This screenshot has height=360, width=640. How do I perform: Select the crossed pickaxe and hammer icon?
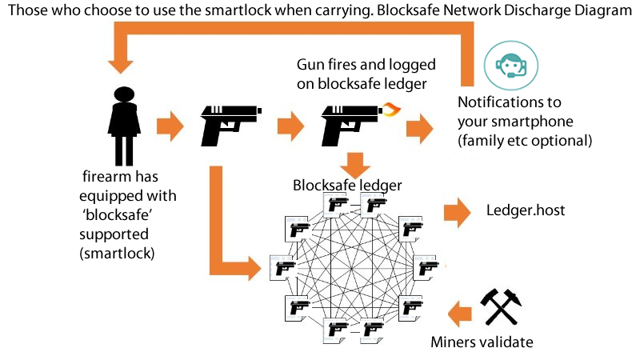501,306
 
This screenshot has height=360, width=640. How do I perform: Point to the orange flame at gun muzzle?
389,109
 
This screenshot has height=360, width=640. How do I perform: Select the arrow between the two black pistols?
288,125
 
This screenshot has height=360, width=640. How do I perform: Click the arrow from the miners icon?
459,312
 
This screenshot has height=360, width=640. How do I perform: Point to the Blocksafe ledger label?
347,185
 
